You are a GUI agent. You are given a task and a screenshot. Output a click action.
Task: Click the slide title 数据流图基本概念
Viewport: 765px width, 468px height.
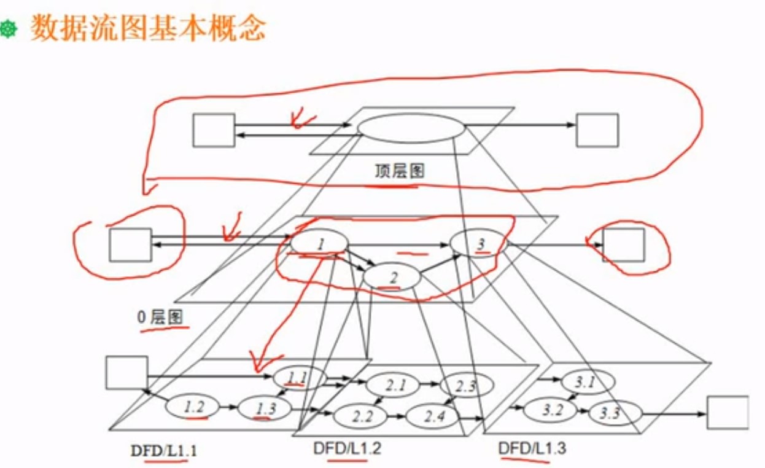pos(148,28)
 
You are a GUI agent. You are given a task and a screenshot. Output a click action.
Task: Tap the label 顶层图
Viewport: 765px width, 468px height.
pos(400,170)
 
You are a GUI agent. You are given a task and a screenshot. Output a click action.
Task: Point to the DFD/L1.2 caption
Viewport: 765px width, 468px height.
pos(347,449)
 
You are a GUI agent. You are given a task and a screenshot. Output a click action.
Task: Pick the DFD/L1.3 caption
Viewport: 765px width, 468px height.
pos(532,449)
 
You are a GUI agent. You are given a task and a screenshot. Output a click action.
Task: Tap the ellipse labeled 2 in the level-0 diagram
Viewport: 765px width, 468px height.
pos(392,278)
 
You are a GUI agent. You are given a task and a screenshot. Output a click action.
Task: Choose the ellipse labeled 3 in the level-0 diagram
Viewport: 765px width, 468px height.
pos(480,244)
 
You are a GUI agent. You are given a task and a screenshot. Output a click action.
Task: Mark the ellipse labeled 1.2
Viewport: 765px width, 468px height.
pos(194,406)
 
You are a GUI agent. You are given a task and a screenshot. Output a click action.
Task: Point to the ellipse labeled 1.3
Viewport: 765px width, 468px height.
pos(264,408)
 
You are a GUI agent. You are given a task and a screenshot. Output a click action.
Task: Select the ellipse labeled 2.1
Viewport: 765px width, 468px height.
pos(393,386)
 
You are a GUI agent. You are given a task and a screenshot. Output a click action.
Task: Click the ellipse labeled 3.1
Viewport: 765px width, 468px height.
pos(586,383)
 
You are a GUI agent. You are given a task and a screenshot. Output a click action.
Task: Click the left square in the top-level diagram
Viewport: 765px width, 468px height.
pos(214,130)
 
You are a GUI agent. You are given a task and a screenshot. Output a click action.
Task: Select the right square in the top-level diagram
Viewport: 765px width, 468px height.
pos(597,130)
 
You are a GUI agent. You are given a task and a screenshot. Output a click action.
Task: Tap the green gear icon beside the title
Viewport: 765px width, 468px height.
pos(9,29)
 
